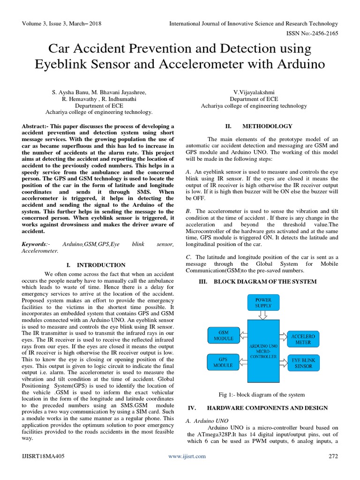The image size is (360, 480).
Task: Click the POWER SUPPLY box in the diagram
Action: (263, 303)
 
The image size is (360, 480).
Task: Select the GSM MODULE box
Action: (223, 335)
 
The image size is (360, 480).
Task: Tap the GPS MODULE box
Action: (223, 361)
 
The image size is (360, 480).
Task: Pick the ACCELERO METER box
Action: (303, 339)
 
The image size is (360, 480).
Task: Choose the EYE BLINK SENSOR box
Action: (303, 363)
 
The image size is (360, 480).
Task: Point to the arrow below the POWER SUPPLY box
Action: (263, 316)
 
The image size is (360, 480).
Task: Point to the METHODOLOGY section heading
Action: (267, 126)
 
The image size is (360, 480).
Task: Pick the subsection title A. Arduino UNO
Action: (204, 421)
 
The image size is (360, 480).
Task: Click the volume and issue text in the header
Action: (61, 23)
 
